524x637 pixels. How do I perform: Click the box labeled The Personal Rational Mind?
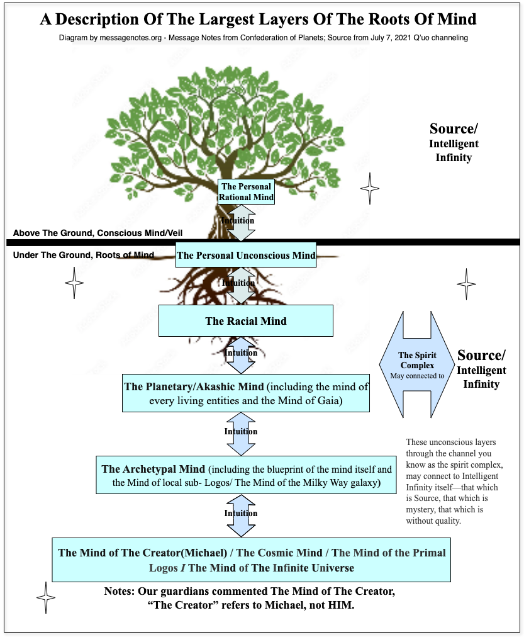(246, 192)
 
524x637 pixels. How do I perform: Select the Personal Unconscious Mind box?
(246, 255)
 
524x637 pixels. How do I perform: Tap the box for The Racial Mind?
(245, 321)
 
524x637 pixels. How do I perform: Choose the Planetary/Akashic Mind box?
(246, 393)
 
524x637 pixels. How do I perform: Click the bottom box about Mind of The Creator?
(252, 560)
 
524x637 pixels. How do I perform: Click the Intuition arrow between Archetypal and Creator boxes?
(241, 514)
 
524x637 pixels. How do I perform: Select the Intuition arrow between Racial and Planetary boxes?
(241, 354)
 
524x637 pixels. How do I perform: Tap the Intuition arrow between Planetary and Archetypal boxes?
(241, 432)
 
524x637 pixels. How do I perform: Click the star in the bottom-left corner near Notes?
(45, 597)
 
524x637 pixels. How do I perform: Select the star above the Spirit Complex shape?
(466, 284)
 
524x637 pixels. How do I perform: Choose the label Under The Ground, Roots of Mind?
(83, 255)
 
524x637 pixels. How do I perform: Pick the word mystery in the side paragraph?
(420, 509)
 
